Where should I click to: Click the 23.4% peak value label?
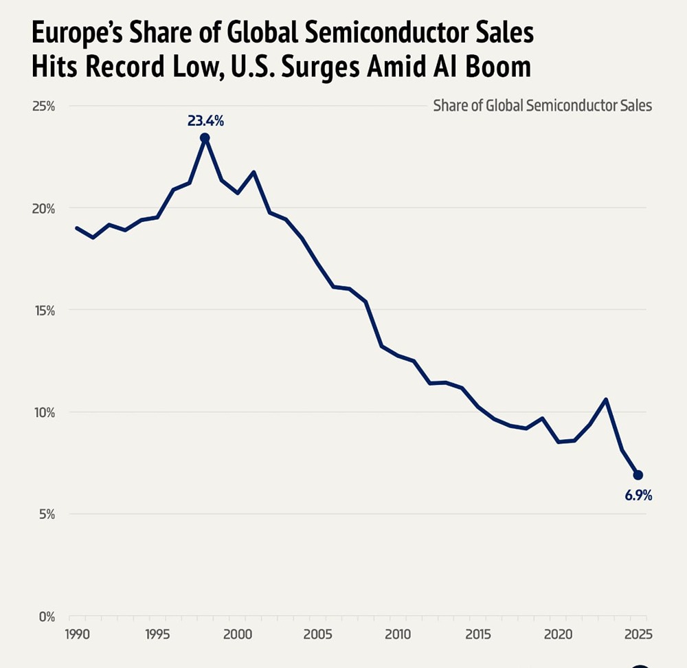point(205,122)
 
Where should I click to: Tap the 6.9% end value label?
point(638,495)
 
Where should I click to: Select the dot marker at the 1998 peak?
point(205,138)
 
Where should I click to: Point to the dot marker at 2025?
point(638,475)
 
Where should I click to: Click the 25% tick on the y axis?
point(44,107)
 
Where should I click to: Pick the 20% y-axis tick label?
point(44,208)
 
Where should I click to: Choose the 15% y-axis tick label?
point(44,311)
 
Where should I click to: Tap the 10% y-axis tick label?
point(44,412)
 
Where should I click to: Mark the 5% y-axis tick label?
point(47,514)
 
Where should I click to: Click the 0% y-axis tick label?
point(47,616)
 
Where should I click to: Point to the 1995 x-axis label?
point(157,633)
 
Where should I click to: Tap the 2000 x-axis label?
point(237,633)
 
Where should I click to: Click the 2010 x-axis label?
point(397,633)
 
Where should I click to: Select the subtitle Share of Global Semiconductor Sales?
point(543,106)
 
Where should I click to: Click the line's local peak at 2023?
point(606,399)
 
